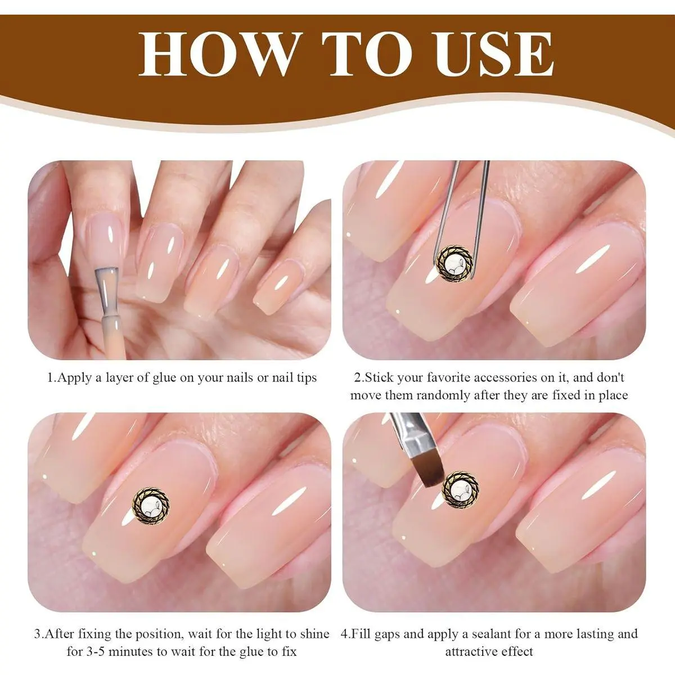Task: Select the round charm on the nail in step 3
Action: pyautogui.click(x=151, y=505)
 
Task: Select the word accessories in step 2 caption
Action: pyautogui.click(x=511, y=378)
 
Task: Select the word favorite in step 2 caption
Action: pyautogui.click(x=449, y=378)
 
